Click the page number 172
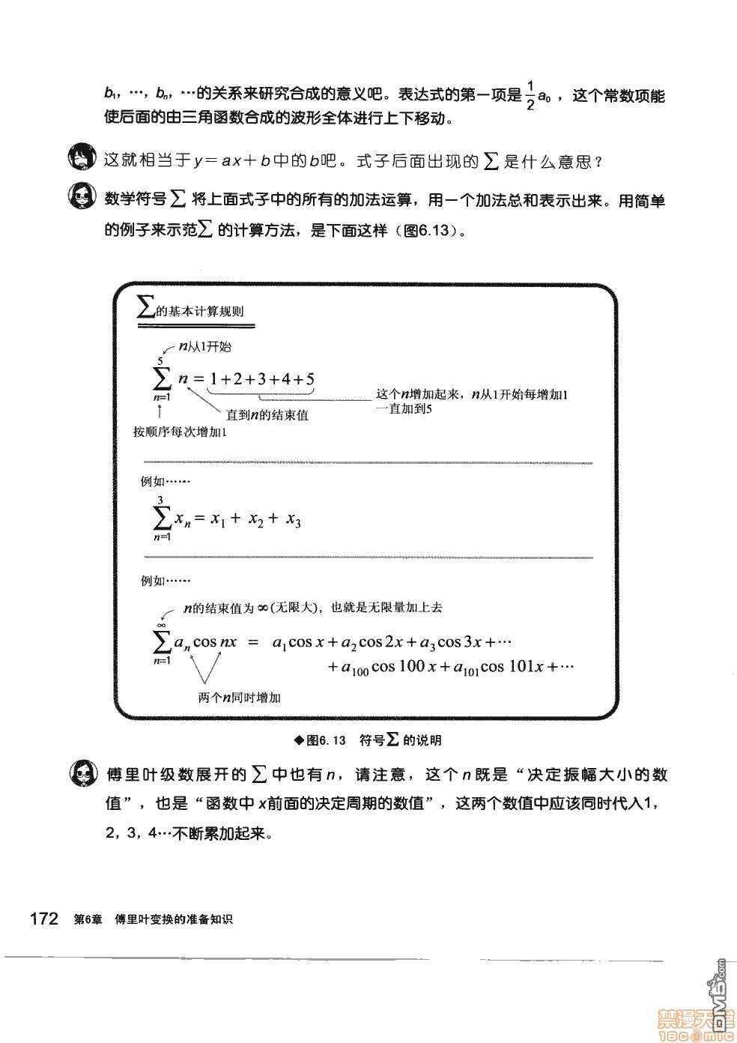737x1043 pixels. tap(43, 919)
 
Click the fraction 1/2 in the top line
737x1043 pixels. tap(530, 96)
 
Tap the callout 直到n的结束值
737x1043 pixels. tap(267, 414)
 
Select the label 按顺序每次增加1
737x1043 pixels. tap(180, 432)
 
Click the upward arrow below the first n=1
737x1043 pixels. tap(160, 410)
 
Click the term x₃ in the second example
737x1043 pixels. tap(293, 520)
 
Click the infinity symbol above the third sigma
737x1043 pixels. tap(160, 625)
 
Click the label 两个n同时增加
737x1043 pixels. tap(240, 698)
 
